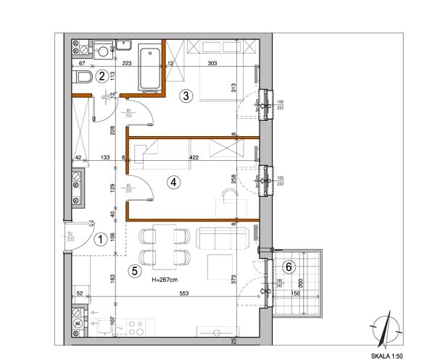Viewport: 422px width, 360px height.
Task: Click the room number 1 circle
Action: coord(102,237)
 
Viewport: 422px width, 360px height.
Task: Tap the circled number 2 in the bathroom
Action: coord(103,75)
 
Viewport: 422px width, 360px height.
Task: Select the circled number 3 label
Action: coord(186,95)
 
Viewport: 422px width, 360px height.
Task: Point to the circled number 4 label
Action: coord(173,183)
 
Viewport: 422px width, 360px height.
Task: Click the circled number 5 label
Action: coord(133,271)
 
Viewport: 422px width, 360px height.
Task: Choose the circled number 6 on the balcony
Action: coord(289,267)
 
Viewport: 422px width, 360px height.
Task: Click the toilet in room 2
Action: coord(84,78)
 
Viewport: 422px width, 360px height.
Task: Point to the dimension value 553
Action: coord(186,292)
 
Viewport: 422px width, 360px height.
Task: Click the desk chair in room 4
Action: coord(230,196)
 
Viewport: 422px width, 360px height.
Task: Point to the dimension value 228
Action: coord(113,130)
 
